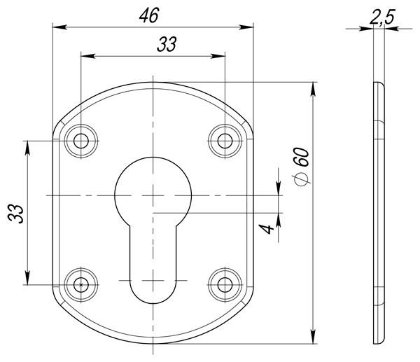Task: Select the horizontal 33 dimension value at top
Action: pos(166,45)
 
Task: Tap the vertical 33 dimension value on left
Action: pos(15,213)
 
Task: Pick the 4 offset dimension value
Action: pos(263,229)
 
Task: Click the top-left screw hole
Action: pos(82,141)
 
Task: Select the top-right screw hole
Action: pos(224,141)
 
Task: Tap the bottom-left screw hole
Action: pos(82,285)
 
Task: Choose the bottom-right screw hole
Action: pos(224,285)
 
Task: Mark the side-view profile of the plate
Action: pos(378,213)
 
